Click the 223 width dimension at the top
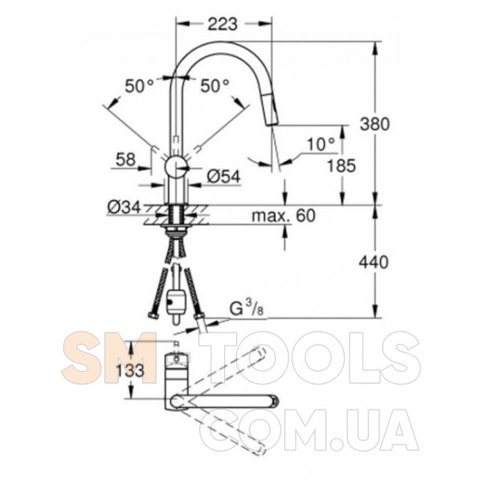(x=223, y=24)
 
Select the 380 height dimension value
(x=374, y=125)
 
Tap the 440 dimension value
(x=374, y=262)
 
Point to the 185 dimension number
(x=341, y=166)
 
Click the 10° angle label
(x=321, y=144)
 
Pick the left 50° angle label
(x=139, y=86)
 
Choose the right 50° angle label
(x=214, y=85)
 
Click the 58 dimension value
(x=125, y=160)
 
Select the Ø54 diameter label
(x=223, y=177)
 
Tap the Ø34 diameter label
(x=124, y=207)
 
